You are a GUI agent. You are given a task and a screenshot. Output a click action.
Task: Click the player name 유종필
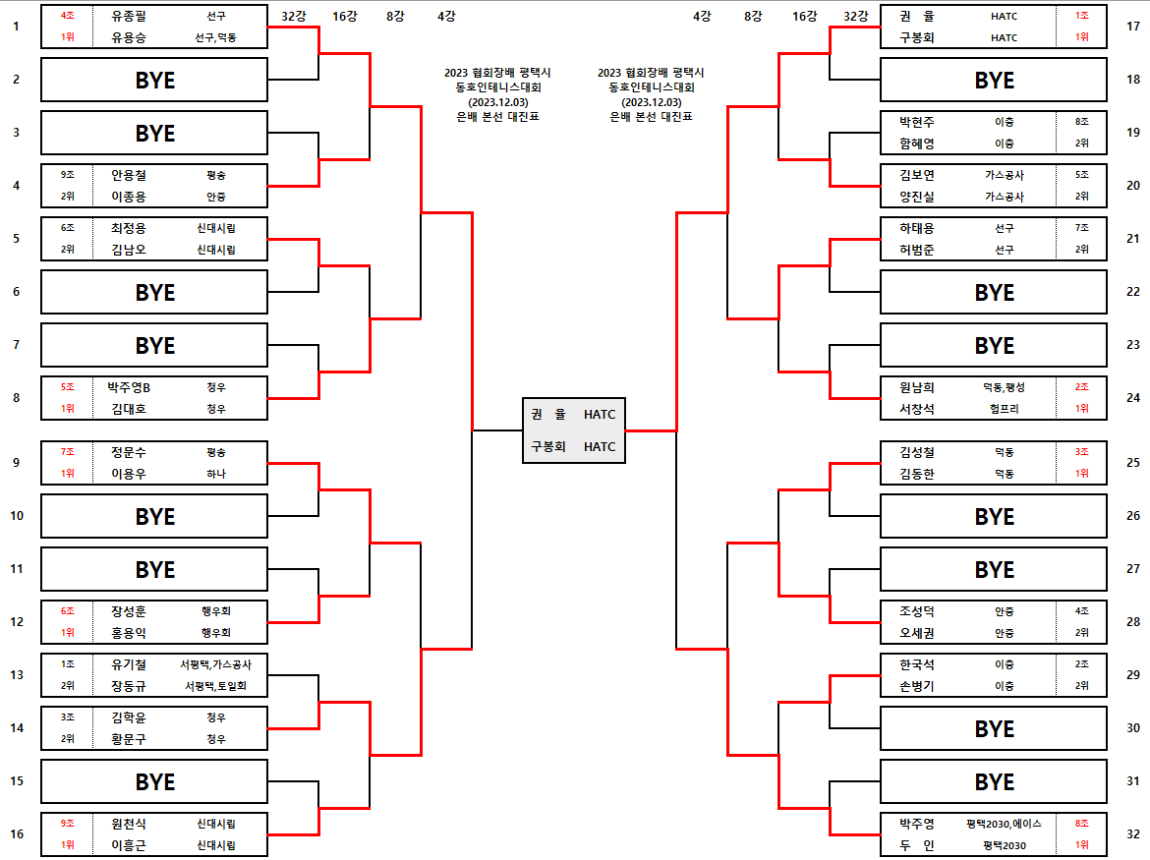pos(128,16)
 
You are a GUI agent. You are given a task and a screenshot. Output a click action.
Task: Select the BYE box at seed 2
pos(154,80)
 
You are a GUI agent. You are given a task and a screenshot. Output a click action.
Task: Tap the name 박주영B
pos(128,387)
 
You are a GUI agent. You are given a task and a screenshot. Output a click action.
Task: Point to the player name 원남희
pos(917,387)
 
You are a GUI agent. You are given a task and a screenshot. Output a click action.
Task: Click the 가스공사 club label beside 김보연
pos(1004,175)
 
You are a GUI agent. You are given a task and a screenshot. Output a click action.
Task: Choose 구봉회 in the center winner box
pos(548,446)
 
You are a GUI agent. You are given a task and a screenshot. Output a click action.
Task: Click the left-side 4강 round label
pos(445,16)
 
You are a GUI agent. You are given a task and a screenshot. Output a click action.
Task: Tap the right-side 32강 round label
pos(855,16)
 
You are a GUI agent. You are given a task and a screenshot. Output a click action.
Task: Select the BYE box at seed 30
pos(994,728)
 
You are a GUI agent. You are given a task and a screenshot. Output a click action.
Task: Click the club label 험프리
pos(1004,409)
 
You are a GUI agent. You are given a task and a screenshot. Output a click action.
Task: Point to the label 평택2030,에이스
pos(1004,824)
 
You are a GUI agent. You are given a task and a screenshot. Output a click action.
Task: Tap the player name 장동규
pos(128,686)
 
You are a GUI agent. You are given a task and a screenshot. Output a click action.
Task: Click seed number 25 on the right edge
pos(1132,462)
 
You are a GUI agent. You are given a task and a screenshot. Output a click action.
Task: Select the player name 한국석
pos(917,664)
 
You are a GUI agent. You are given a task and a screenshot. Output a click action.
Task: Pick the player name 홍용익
pos(128,633)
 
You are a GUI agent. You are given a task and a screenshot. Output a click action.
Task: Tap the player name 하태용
pos(917,228)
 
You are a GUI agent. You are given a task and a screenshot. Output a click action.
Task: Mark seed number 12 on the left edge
pos(16,621)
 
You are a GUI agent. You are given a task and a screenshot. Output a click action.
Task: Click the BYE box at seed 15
pos(154,781)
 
